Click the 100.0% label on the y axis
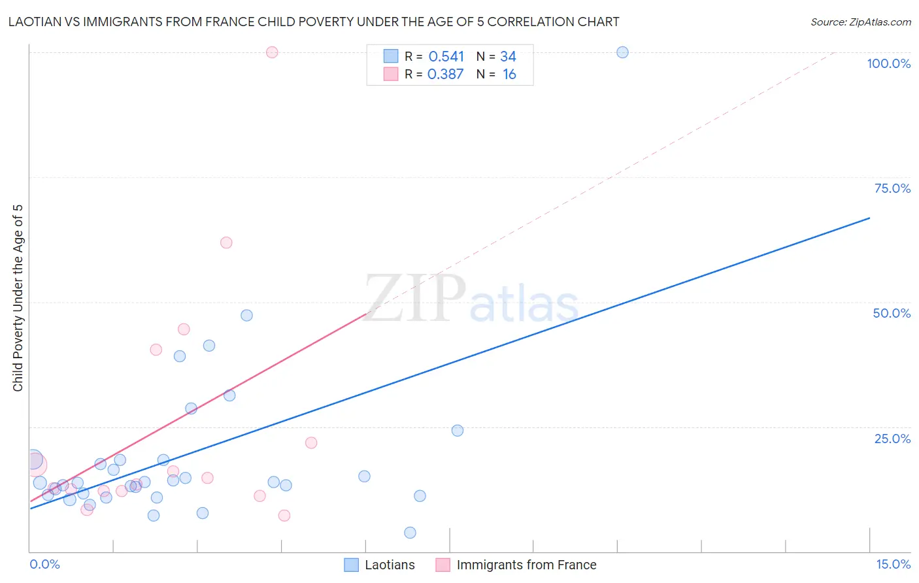[x=888, y=63]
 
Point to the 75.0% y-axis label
[x=892, y=188]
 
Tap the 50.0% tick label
[x=892, y=313]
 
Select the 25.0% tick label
[x=892, y=439]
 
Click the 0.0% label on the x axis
[x=44, y=564]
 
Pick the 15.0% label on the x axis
[x=893, y=564]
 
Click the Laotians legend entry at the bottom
[x=390, y=565]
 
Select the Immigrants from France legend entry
[x=526, y=565]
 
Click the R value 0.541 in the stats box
[x=446, y=57]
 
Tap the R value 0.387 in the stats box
[x=445, y=75]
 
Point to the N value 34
[x=508, y=57]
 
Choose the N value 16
[x=509, y=75]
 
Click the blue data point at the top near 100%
[x=622, y=52]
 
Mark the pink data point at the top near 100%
[x=272, y=52]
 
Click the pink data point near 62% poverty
[x=226, y=242]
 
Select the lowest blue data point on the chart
[x=410, y=533]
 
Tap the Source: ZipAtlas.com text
[x=860, y=22]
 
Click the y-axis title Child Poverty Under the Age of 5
[x=18, y=298]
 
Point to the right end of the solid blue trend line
[x=869, y=218]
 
